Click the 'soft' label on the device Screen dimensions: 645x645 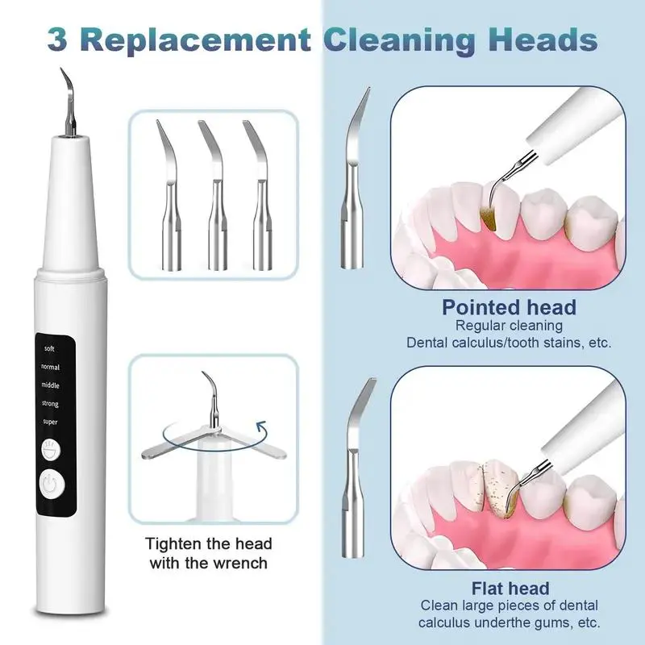50,348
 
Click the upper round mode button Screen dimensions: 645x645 50,447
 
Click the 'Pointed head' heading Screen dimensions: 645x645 509,307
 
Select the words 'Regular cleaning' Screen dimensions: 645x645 508,326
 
